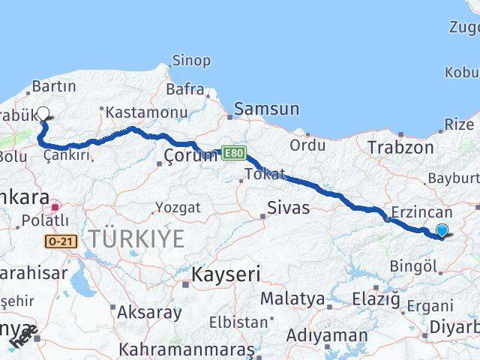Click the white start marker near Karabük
click(43, 114)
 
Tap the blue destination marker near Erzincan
click(442, 231)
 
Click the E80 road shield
click(232, 153)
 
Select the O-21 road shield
click(60, 241)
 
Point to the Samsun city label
click(266, 109)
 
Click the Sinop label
click(191, 61)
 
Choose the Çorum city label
click(190, 155)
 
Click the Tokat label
click(264, 175)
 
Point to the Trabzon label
click(400, 148)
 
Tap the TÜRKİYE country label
click(136, 239)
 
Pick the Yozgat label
click(178, 207)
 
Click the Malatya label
click(292, 298)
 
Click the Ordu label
click(307, 144)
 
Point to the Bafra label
click(185, 90)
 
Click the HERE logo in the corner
click(22, 337)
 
